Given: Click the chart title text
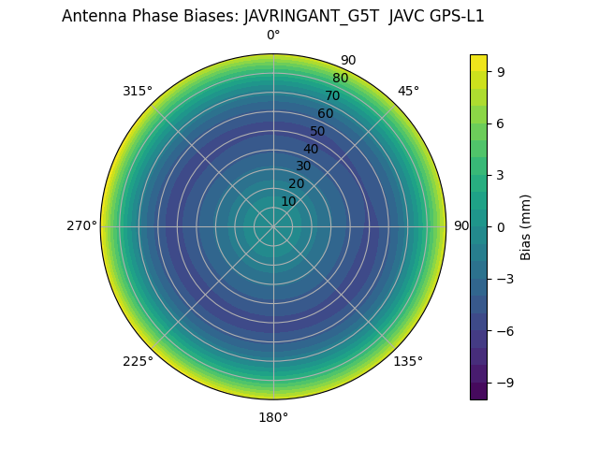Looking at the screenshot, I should (272, 16).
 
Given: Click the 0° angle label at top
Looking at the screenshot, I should (273, 36).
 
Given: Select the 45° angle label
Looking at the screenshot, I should (408, 91).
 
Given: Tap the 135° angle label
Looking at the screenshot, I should (408, 361).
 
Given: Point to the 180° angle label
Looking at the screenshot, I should (273, 417).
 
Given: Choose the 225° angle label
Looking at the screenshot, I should (138, 361).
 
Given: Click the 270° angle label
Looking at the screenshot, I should (81, 226).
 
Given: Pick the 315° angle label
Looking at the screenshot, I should (138, 91).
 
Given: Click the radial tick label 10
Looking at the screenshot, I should (288, 201).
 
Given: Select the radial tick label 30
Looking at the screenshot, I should (303, 166).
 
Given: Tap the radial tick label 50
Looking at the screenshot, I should (318, 131).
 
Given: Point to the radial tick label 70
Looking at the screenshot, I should (332, 95).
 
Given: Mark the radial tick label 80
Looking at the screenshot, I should (340, 78).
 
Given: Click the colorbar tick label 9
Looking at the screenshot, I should (501, 71).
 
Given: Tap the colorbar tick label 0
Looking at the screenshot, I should (501, 226).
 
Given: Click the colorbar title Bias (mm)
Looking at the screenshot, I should (526, 226).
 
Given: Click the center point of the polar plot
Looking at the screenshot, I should (273, 226).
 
